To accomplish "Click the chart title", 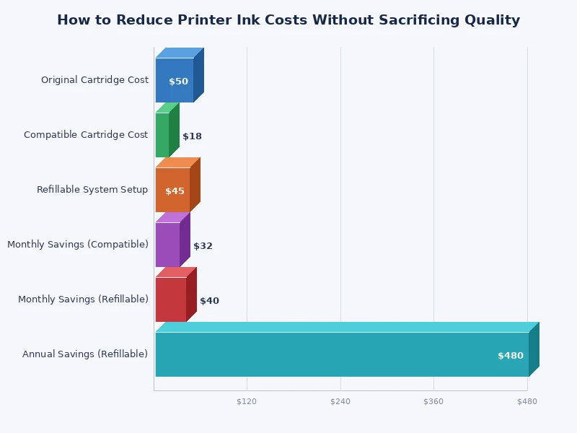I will coord(288,20).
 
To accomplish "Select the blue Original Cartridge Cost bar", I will coord(175,80).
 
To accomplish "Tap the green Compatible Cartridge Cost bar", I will coord(162,135).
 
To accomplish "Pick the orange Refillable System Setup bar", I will coord(172,190).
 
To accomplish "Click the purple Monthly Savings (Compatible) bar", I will coord(167,245).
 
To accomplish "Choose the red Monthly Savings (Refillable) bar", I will coord(171,299).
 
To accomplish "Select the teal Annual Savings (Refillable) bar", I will coord(342,354).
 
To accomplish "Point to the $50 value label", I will coord(178,82).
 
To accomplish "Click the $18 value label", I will coord(192,136).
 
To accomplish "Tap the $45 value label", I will coord(175,191).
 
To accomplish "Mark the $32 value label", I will coord(203,246).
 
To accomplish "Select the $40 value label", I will coord(209,301).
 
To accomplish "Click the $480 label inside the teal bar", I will coord(511,356).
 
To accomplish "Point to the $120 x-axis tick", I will coord(247,401).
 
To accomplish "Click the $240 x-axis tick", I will coord(340,401).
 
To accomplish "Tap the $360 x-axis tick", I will coord(433,401).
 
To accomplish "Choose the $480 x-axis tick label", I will coord(527,401).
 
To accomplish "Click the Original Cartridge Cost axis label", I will coord(94,80).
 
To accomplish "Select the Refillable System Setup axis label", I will coord(92,190).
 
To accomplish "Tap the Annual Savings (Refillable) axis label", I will coord(85,354).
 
